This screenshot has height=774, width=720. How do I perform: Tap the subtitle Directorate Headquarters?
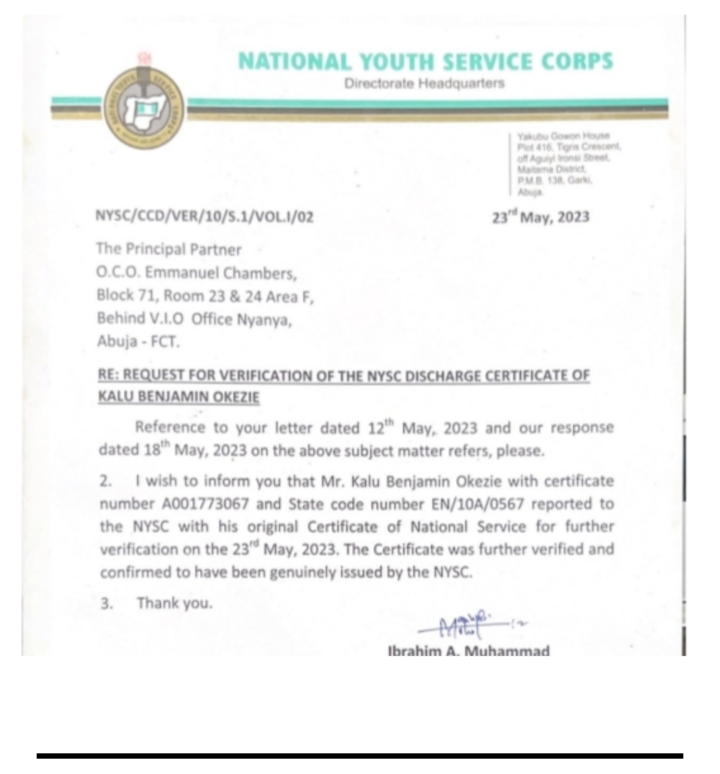click(x=425, y=83)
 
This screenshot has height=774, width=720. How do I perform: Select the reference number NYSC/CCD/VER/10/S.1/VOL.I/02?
click(x=205, y=217)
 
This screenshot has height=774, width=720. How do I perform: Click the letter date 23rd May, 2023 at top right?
click(x=540, y=217)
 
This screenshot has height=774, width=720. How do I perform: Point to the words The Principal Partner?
click(x=169, y=249)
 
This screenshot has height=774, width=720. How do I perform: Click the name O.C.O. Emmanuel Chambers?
click(x=196, y=273)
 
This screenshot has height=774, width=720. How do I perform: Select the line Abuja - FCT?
click(x=138, y=343)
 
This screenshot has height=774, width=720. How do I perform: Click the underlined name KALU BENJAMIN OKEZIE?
click(x=179, y=397)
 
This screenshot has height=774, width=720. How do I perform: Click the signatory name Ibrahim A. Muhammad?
click(x=469, y=650)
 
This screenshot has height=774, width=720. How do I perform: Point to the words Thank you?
click(x=175, y=603)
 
